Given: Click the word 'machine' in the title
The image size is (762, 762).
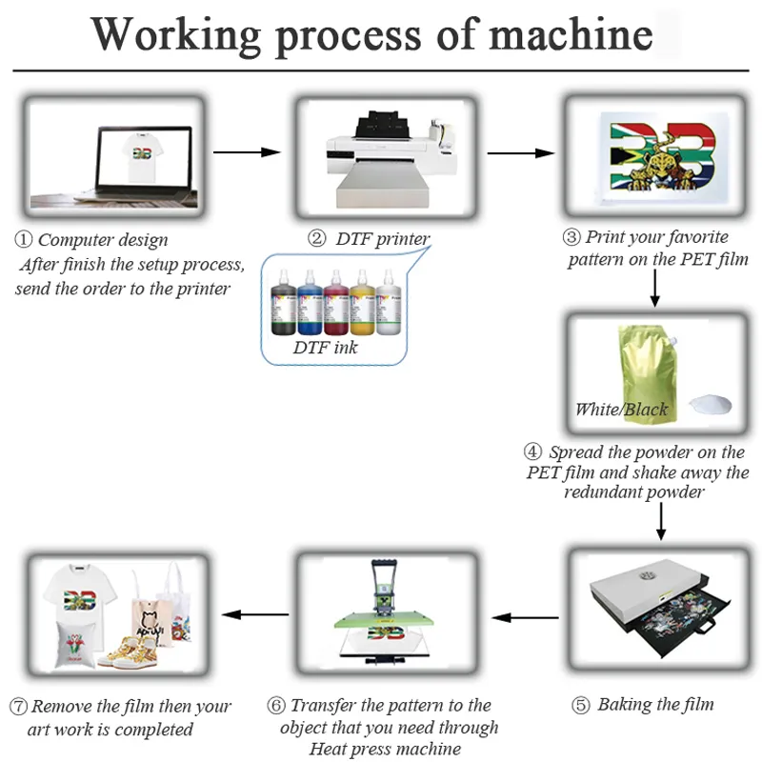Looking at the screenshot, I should click(571, 35).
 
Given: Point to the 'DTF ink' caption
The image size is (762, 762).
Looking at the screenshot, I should click(325, 348).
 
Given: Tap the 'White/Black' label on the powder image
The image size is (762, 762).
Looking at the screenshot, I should click(621, 410).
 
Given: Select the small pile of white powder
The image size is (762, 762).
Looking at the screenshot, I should click(712, 403).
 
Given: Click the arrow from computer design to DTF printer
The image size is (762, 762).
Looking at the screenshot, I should click(247, 151).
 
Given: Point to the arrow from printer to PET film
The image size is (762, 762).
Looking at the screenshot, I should click(521, 151).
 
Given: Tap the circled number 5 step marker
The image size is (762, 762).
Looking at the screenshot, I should click(580, 706).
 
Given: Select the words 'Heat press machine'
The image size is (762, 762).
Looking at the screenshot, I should click(385, 749).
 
